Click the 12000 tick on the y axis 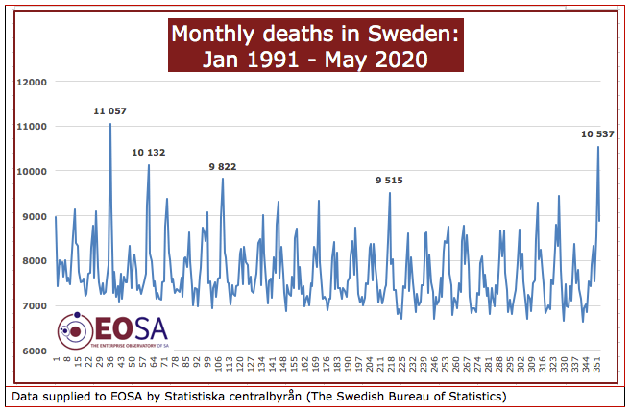click(x=33, y=82)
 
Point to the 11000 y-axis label click(x=33, y=127)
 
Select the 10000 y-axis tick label click(x=33, y=171)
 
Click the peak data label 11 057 click(x=109, y=111)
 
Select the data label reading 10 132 click(x=149, y=152)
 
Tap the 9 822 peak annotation click(x=223, y=166)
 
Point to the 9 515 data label click(x=389, y=181)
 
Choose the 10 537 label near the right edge click(x=597, y=134)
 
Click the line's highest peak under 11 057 click(x=109, y=125)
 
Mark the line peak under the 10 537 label click(x=598, y=147)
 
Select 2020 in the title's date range click(x=402, y=59)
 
